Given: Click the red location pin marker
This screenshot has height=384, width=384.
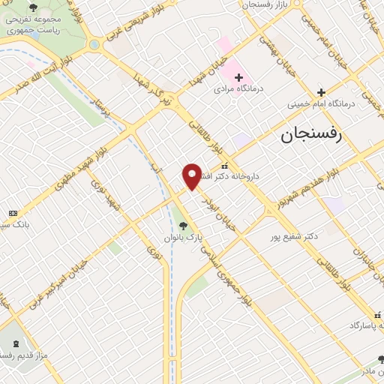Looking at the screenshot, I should (192, 176).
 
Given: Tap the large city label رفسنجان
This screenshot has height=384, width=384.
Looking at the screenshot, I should (310, 135).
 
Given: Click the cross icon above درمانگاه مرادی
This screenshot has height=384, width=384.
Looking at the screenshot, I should (238, 77).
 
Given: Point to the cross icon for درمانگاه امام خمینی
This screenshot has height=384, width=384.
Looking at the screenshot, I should (321, 92).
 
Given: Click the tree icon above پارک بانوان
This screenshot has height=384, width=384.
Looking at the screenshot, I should (184, 225).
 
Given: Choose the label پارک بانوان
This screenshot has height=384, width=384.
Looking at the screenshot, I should (184, 238).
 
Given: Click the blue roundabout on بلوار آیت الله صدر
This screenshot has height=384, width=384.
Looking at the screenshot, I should (94, 44).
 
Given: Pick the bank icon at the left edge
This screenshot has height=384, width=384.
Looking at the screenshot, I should (12, 213).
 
